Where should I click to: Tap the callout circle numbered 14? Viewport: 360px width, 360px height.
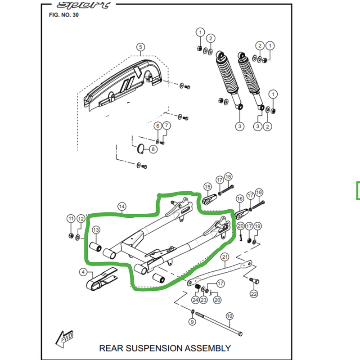(x=122, y=207)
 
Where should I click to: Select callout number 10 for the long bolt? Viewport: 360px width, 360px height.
(x=229, y=316)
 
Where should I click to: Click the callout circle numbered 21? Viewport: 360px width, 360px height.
(x=225, y=257)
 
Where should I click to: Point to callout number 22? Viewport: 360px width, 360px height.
(x=254, y=294)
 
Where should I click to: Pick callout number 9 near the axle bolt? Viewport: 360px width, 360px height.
(x=192, y=322)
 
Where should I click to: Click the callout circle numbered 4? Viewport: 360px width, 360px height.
(x=83, y=272)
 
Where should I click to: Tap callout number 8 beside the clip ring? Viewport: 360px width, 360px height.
(x=153, y=149)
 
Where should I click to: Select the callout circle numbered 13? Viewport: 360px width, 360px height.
(x=96, y=230)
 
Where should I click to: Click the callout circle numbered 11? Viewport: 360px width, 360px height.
(x=71, y=219)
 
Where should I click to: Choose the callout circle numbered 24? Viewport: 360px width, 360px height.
(x=195, y=300)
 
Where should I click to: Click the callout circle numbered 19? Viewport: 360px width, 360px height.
(x=257, y=226)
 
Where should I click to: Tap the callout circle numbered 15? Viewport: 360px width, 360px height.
(x=207, y=186)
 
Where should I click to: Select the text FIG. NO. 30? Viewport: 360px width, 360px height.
(x=63, y=15)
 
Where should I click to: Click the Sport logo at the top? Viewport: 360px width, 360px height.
(x=83, y=5)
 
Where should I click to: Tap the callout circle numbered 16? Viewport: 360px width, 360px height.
(x=239, y=198)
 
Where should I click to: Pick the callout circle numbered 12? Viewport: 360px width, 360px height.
(x=81, y=219)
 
